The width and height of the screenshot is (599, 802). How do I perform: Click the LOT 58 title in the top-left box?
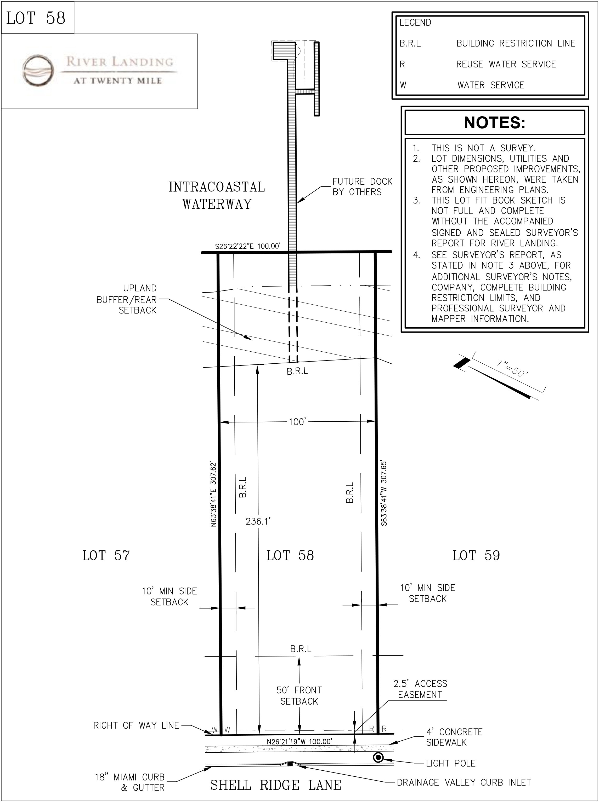click(36, 18)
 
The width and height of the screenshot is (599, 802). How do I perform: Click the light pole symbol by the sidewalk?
click(378, 758)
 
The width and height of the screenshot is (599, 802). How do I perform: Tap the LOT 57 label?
click(106, 555)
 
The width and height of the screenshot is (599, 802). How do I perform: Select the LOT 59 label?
click(476, 555)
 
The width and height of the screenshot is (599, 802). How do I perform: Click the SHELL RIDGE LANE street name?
click(276, 785)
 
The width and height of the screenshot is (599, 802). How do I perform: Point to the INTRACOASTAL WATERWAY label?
click(217, 195)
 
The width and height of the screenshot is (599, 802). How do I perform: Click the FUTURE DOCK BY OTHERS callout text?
click(362, 187)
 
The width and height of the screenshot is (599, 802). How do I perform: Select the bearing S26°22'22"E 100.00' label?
click(248, 246)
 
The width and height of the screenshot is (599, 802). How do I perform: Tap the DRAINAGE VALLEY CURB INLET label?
click(464, 782)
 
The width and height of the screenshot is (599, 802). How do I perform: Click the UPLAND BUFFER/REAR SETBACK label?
click(127, 299)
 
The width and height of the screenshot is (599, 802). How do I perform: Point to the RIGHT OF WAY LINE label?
click(136, 725)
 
